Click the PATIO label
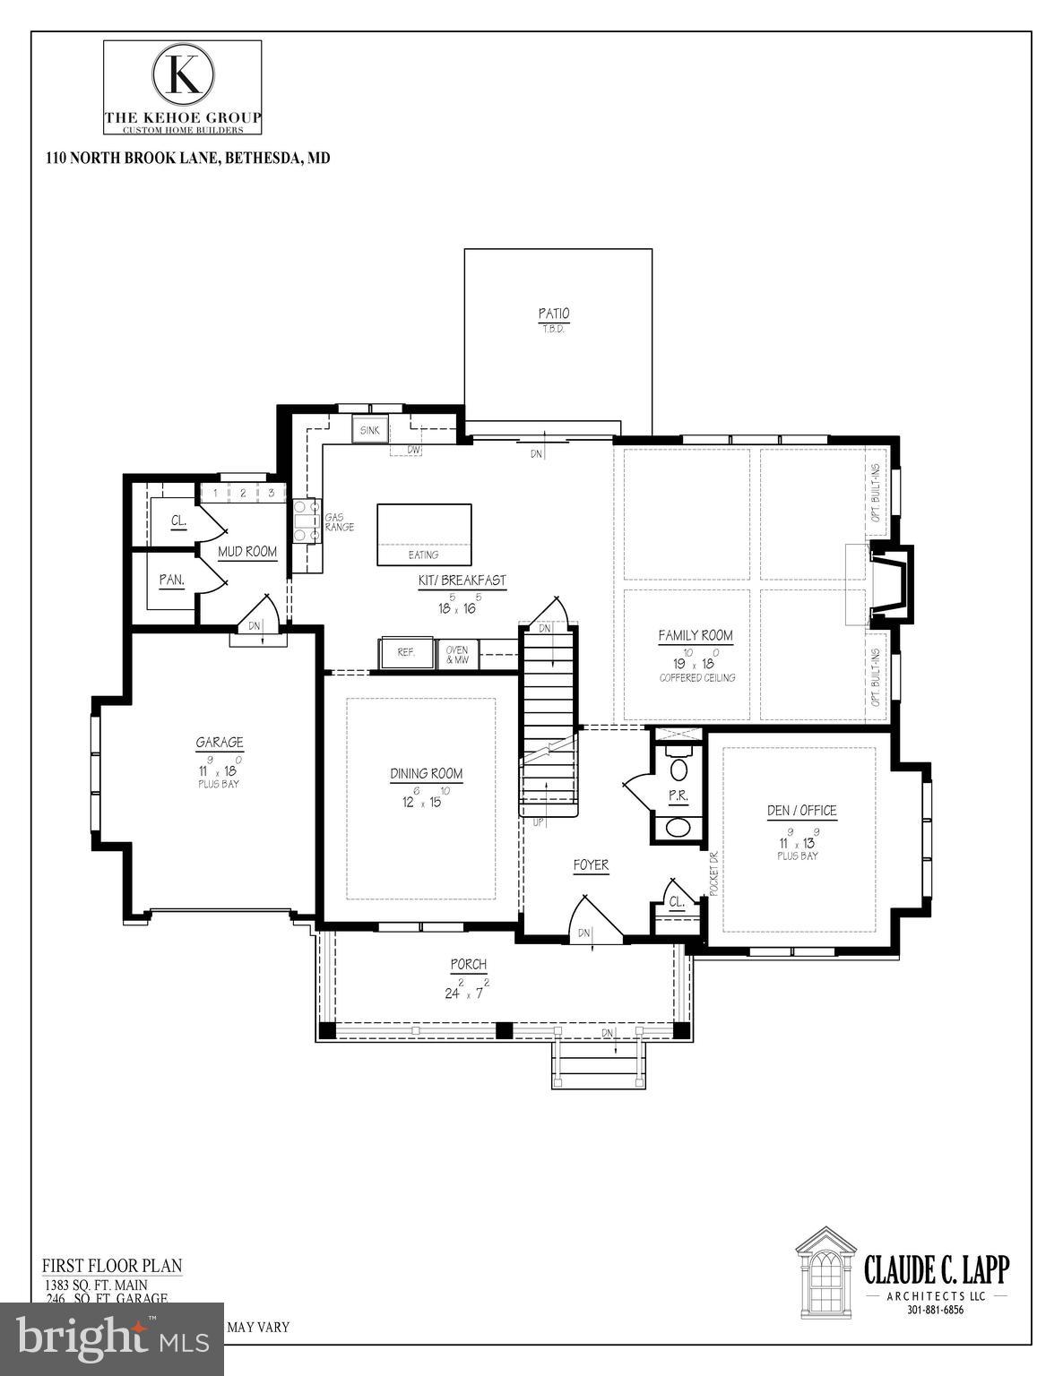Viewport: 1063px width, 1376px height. click(553, 314)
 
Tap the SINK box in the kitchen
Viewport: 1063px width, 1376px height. click(369, 430)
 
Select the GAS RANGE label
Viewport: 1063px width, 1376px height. click(340, 522)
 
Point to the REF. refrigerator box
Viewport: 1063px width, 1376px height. click(406, 652)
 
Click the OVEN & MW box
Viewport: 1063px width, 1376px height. click(457, 654)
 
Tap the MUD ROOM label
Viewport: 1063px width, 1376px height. click(247, 552)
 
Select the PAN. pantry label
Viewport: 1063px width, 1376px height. click(171, 580)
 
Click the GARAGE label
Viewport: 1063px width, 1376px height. click(220, 743)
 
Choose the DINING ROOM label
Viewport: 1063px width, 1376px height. click(426, 774)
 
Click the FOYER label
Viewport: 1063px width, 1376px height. click(591, 865)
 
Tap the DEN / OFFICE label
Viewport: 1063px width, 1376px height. click(801, 811)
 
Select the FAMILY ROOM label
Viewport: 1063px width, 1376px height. click(696, 636)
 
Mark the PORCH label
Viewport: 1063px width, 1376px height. click(468, 965)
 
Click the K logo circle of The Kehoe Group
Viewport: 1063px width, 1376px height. click(183, 74)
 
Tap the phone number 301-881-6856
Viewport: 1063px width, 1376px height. click(935, 1310)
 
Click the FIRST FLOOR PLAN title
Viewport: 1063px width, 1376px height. click(112, 1266)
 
